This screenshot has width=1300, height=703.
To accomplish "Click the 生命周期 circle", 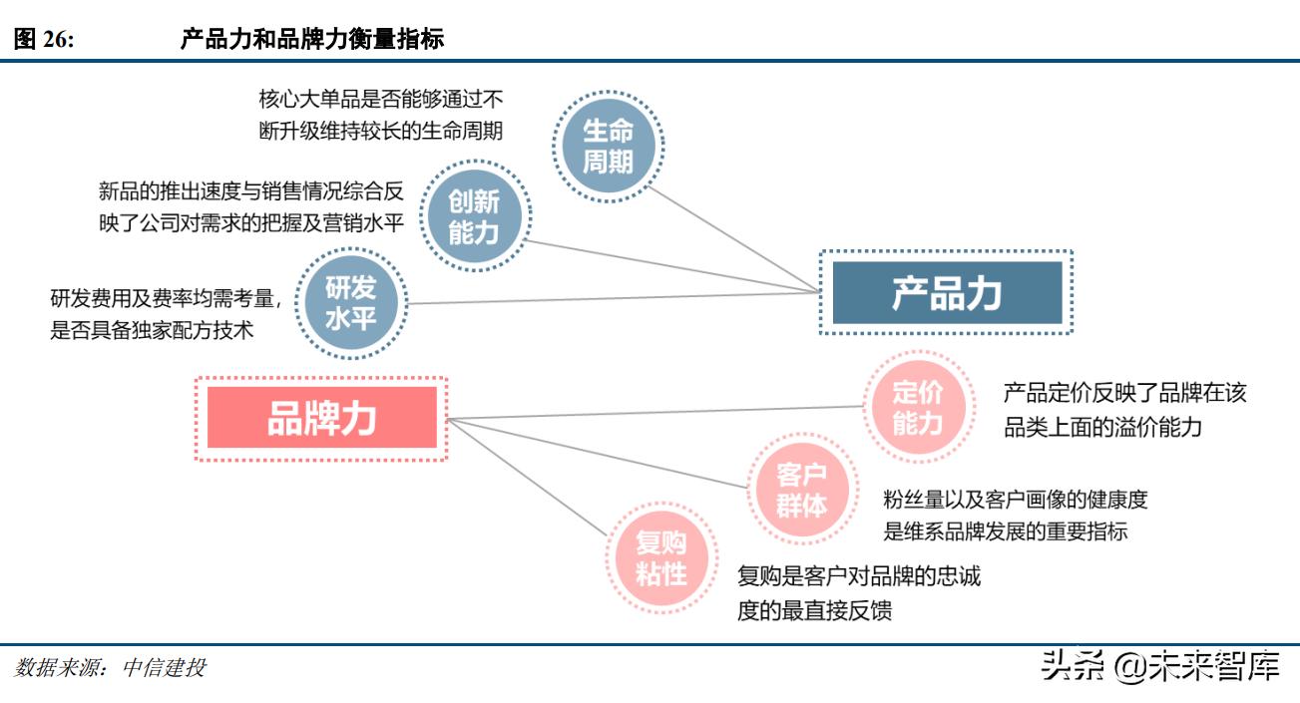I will click(608, 146).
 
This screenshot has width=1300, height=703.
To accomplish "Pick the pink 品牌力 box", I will click(321, 418).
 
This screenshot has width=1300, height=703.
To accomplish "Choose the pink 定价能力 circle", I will click(917, 407).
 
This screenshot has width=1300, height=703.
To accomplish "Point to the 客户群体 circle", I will click(802, 490).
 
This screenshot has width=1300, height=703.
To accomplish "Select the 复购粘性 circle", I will click(661, 557).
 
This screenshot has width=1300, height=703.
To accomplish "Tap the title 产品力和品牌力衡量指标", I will click(312, 40).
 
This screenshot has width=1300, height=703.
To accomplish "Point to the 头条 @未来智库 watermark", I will click(1159, 666).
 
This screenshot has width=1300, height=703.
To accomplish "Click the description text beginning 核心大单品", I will click(380, 115).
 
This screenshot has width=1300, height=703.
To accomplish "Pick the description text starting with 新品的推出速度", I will click(250, 207).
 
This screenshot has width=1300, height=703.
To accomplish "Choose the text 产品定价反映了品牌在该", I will click(1124, 393).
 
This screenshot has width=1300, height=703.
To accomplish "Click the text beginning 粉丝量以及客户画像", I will click(1016, 499).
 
